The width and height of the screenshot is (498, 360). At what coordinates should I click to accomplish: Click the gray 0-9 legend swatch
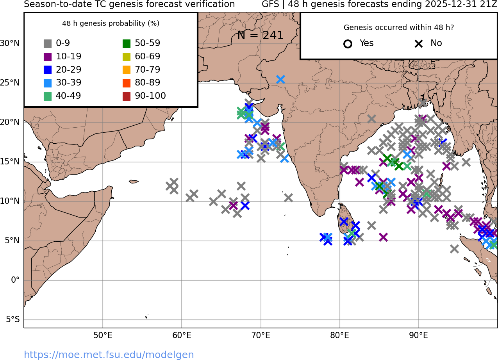48,44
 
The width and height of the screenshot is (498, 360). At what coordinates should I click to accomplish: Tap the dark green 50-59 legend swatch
127,44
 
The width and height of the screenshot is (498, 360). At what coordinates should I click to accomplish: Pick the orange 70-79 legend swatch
127,70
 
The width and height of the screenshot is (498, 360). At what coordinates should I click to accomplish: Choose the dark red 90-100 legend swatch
127,96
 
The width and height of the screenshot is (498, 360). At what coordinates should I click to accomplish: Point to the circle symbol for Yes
348,44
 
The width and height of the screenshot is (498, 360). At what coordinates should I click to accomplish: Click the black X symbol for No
419,44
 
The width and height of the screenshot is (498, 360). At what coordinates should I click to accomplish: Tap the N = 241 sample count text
260,36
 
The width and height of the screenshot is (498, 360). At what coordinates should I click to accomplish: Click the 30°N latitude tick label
10,43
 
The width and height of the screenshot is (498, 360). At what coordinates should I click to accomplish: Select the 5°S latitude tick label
12,320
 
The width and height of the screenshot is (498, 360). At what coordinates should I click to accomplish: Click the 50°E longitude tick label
103,335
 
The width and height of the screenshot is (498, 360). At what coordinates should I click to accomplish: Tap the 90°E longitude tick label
419,335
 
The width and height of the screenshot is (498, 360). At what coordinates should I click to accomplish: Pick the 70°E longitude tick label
261,335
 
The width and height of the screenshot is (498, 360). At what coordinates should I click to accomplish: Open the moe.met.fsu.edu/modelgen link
109,355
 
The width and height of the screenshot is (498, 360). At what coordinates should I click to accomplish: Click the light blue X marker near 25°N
280,79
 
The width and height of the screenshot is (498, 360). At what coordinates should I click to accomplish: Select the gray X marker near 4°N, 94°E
454,249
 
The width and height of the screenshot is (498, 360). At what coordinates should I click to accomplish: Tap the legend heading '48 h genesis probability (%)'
111,23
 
